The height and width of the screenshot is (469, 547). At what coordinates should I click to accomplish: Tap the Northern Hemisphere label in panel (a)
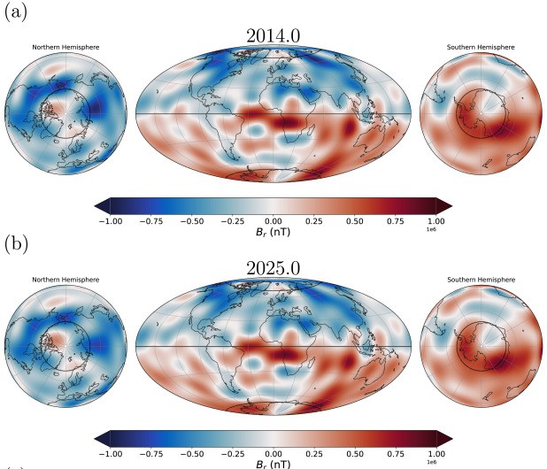tap(65, 47)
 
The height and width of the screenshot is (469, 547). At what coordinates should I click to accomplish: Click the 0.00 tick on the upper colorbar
tap(273, 219)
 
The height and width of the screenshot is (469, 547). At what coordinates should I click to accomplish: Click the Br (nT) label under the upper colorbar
tap(273, 232)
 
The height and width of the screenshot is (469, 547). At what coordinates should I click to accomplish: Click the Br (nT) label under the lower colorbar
tap(273, 463)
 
